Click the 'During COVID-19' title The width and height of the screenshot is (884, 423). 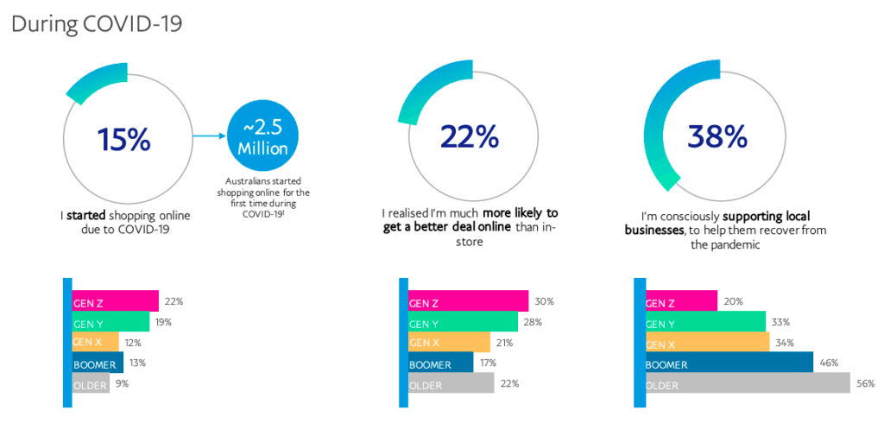point(96,22)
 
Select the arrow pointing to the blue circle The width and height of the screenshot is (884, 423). point(208,136)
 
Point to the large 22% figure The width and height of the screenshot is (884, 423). point(469,137)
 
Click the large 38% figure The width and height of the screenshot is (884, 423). point(717,136)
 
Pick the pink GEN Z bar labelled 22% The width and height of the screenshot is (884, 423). point(115,301)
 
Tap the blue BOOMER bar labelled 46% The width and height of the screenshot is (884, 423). point(729,363)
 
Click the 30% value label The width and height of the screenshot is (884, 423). point(544,302)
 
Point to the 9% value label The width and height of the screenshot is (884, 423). point(122,383)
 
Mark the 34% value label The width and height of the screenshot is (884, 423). point(784,342)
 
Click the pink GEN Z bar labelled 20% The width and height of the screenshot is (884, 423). point(681,301)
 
